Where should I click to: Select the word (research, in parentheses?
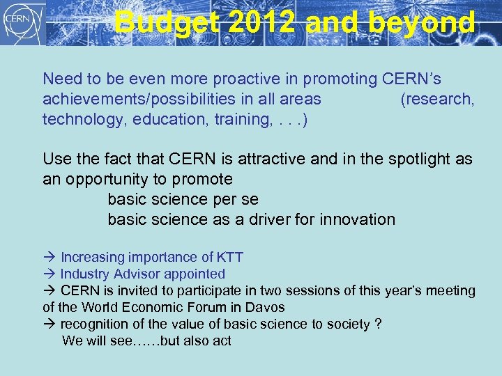click(x=437, y=99)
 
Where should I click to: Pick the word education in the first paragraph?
click(x=165, y=119)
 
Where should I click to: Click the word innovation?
click(x=357, y=219)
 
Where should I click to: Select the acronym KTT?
click(x=229, y=258)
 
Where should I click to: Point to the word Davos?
click(x=265, y=307)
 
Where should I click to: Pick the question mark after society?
click(x=378, y=324)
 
